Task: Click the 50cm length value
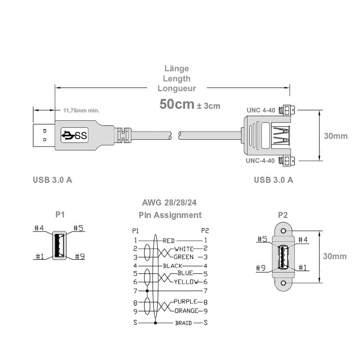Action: coord(176,104)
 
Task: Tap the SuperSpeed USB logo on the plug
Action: coord(74,136)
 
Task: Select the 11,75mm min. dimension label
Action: coord(81,111)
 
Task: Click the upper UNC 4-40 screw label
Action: coord(261,111)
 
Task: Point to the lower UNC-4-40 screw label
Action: coord(261,161)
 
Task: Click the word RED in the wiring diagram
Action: coord(168,241)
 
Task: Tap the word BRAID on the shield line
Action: coord(183,323)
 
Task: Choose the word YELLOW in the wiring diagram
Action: coord(186,282)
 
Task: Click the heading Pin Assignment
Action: coord(170,215)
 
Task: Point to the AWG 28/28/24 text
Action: coord(170,203)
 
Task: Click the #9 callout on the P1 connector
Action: coord(79,256)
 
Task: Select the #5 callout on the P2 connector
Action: coord(262,240)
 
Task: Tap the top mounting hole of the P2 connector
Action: coord(284,229)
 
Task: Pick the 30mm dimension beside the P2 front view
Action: coord(335,256)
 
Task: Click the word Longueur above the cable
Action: coord(176,88)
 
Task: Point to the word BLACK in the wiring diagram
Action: coord(173,266)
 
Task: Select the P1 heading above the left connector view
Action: coord(60,215)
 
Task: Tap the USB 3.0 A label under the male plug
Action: coord(52,180)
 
